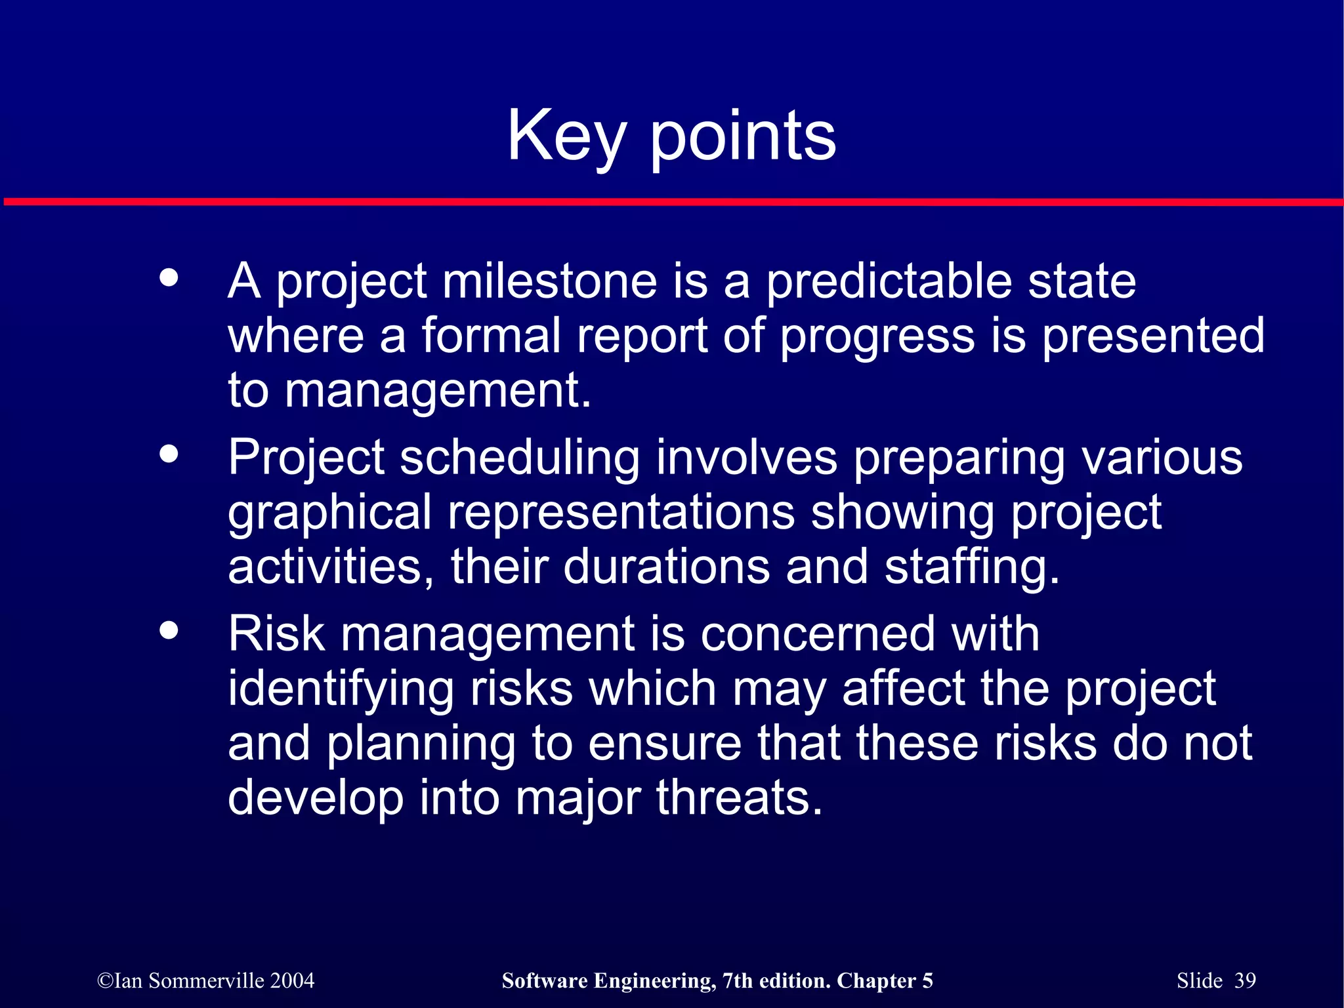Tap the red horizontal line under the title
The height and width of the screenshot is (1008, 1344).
[672, 202]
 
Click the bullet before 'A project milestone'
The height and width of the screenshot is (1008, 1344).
[169, 277]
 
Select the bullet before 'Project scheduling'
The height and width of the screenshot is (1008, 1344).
[169, 454]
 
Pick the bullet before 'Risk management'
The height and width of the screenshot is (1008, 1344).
[169, 630]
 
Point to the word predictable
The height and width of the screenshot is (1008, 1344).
[889, 281]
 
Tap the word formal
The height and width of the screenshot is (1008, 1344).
[490, 336]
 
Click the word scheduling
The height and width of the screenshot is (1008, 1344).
[519, 457]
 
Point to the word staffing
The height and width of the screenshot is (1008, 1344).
[971, 568]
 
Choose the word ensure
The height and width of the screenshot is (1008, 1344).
[664, 744]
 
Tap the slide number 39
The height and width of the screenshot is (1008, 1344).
[1245, 980]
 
